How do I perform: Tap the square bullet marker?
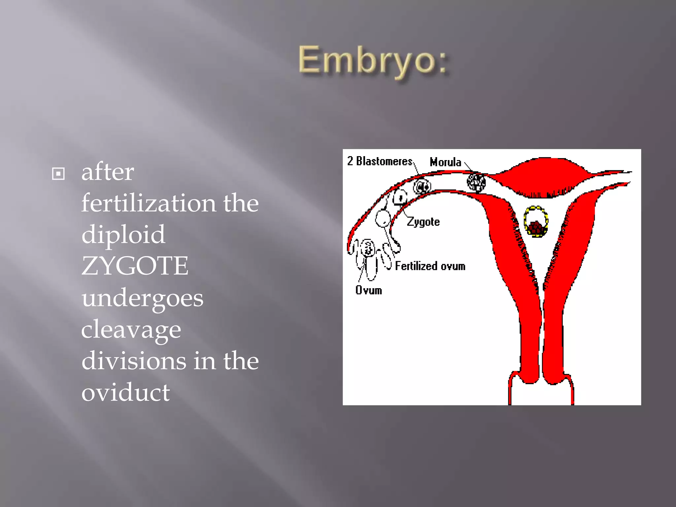(58, 174)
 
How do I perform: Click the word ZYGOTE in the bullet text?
(135, 266)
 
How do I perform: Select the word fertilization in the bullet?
(149, 203)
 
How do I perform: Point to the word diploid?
(123, 234)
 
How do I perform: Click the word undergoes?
(142, 298)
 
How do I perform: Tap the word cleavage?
(131, 329)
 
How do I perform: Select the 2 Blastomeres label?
(380, 161)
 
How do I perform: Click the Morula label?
(445, 162)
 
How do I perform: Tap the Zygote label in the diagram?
(423, 222)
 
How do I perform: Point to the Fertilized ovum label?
(430, 266)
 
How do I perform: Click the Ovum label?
(368, 290)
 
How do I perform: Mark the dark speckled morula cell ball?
(476, 182)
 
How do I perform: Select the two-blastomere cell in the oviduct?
(422, 187)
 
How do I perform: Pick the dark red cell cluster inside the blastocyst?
(535, 228)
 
